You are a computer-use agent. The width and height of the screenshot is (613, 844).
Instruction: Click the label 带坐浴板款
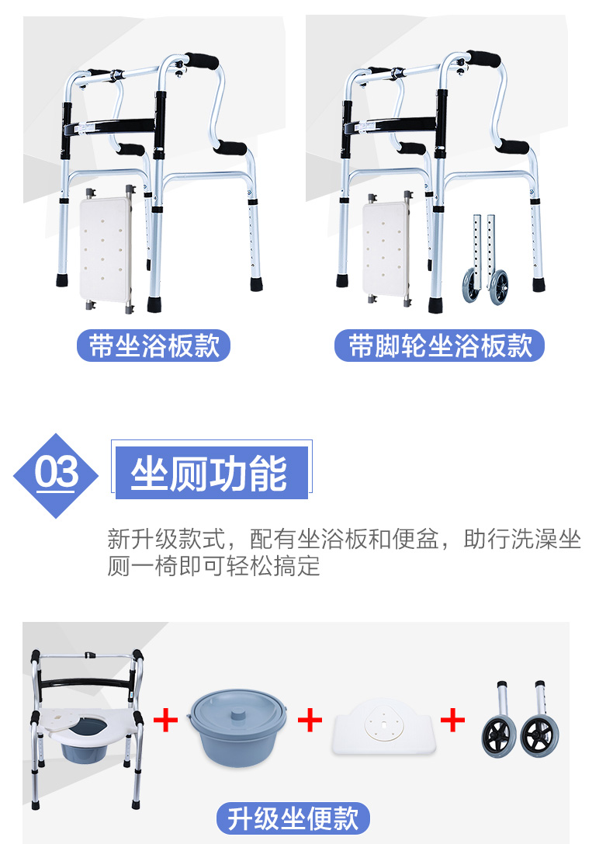click(154, 346)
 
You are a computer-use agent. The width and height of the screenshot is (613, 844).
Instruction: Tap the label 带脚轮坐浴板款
click(439, 346)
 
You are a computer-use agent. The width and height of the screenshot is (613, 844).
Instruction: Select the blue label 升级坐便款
click(293, 818)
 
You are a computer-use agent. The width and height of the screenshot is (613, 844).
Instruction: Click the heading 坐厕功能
click(210, 474)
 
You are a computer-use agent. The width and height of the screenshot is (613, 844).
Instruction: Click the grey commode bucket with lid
click(237, 728)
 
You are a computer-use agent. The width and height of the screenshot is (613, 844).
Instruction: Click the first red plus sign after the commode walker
click(165, 720)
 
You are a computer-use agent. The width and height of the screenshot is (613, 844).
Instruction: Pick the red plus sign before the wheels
click(452, 720)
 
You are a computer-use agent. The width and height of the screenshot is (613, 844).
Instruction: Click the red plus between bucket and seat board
click(310, 720)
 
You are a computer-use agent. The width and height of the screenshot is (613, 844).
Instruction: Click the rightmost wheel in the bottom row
click(537, 736)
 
